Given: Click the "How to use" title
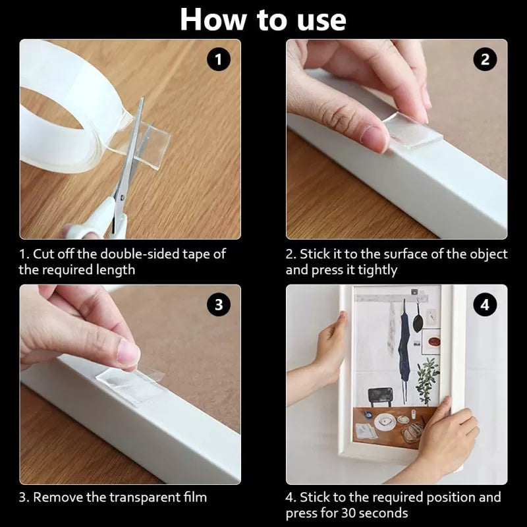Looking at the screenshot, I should point(263,20).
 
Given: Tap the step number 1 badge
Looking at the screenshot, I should point(219,60).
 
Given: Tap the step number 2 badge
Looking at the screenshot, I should point(485,60).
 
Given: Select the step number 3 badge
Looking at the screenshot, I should point(219,304).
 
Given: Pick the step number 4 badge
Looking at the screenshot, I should point(485,304).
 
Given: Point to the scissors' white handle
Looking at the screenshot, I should point(99,221).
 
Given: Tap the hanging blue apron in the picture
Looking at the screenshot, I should point(402,343).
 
